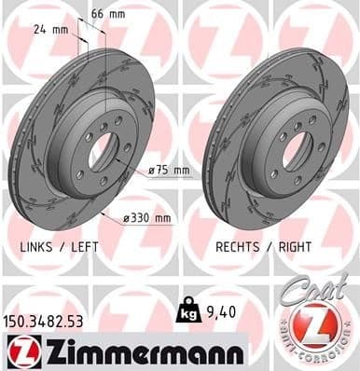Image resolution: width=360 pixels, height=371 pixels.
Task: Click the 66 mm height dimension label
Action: pyautogui.click(x=107, y=14)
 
